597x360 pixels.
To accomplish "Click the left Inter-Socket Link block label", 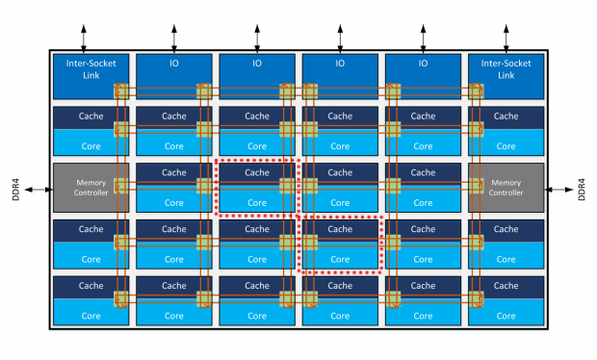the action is pyautogui.click(x=91, y=69).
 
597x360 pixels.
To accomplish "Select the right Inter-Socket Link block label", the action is pyautogui.click(x=506, y=69).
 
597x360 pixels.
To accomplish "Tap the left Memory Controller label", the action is pyautogui.click(x=91, y=188).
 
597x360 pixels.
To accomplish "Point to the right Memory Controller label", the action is pyautogui.click(x=506, y=188).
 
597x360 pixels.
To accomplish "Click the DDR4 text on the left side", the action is pyautogui.click(x=15, y=190).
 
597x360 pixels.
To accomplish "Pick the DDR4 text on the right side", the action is pyautogui.click(x=582, y=190).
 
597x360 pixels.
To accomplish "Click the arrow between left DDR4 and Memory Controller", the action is pyautogui.click(x=39, y=190).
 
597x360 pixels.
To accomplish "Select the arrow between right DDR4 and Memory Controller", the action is pyautogui.click(x=558, y=190).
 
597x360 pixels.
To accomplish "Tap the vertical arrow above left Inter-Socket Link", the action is pyautogui.click(x=84, y=39).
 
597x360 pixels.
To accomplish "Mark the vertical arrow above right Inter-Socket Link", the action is pyautogui.click(x=506, y=39).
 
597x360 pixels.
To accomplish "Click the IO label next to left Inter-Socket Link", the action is pyautogui.click(x=174, y=64).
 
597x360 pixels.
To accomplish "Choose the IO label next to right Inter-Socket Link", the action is pyautogui.click(x=423, y=64).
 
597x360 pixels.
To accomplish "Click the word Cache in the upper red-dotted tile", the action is pyautogui.click(x=257, y=172).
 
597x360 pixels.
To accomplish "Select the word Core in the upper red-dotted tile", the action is pyautogui.click(x=257, y=203).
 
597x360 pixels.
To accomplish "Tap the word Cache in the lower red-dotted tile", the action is pyautogui.click(x=340, y=229).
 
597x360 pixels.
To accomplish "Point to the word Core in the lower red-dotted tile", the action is pyautogui.click(x=340, y=260).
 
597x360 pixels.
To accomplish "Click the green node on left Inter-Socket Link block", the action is pyautogui.click(x=121, y=91).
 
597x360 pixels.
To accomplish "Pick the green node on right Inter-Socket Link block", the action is pyautogui.click(x=476, y=91).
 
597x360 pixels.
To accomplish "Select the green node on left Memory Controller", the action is pyautogui.click(x=121, y=186).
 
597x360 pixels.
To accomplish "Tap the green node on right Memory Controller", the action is pyautogui.click(x=476, y=186).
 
